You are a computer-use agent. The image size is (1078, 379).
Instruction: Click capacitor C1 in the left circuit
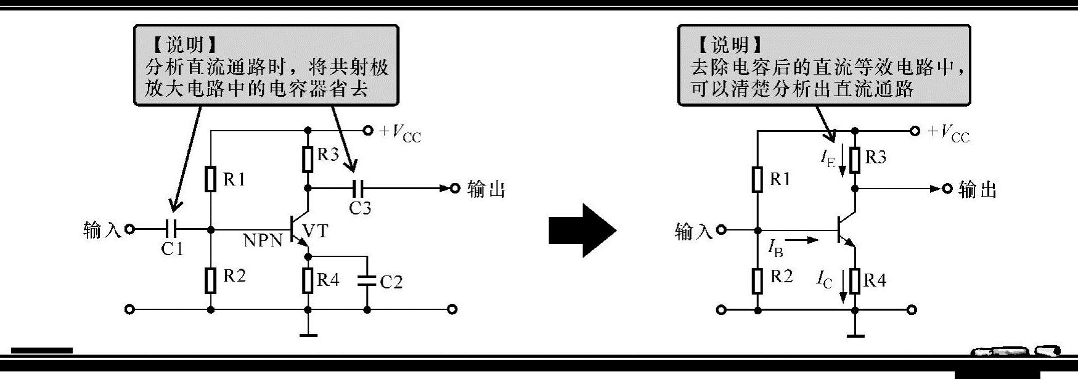(x=172, y=229)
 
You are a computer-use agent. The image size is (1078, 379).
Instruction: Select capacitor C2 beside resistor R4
(x=367, y=282)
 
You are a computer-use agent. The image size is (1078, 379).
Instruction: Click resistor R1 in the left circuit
(x=211, y=179)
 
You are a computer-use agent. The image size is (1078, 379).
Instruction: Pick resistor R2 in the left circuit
(x=211, y=280)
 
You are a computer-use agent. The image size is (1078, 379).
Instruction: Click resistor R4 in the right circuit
(x=854, y=281)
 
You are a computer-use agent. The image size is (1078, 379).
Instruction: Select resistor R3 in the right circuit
(x=854, y=159)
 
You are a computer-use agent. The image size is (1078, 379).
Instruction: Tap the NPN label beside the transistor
(x=263, y=240)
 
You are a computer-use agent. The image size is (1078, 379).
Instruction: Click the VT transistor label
(x=316, y=231)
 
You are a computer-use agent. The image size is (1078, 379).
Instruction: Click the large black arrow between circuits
(x=582, y=231)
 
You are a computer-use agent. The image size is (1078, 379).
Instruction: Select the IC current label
(x=825, y=280)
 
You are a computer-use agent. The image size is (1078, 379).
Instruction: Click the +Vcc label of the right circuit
(x=949, y=133)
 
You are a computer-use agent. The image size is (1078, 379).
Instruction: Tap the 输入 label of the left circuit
(x=102, y=230)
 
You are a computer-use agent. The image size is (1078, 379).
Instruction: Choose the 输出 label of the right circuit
(x=978, y=189)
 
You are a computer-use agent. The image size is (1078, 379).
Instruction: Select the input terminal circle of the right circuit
(x=722, y=230)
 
